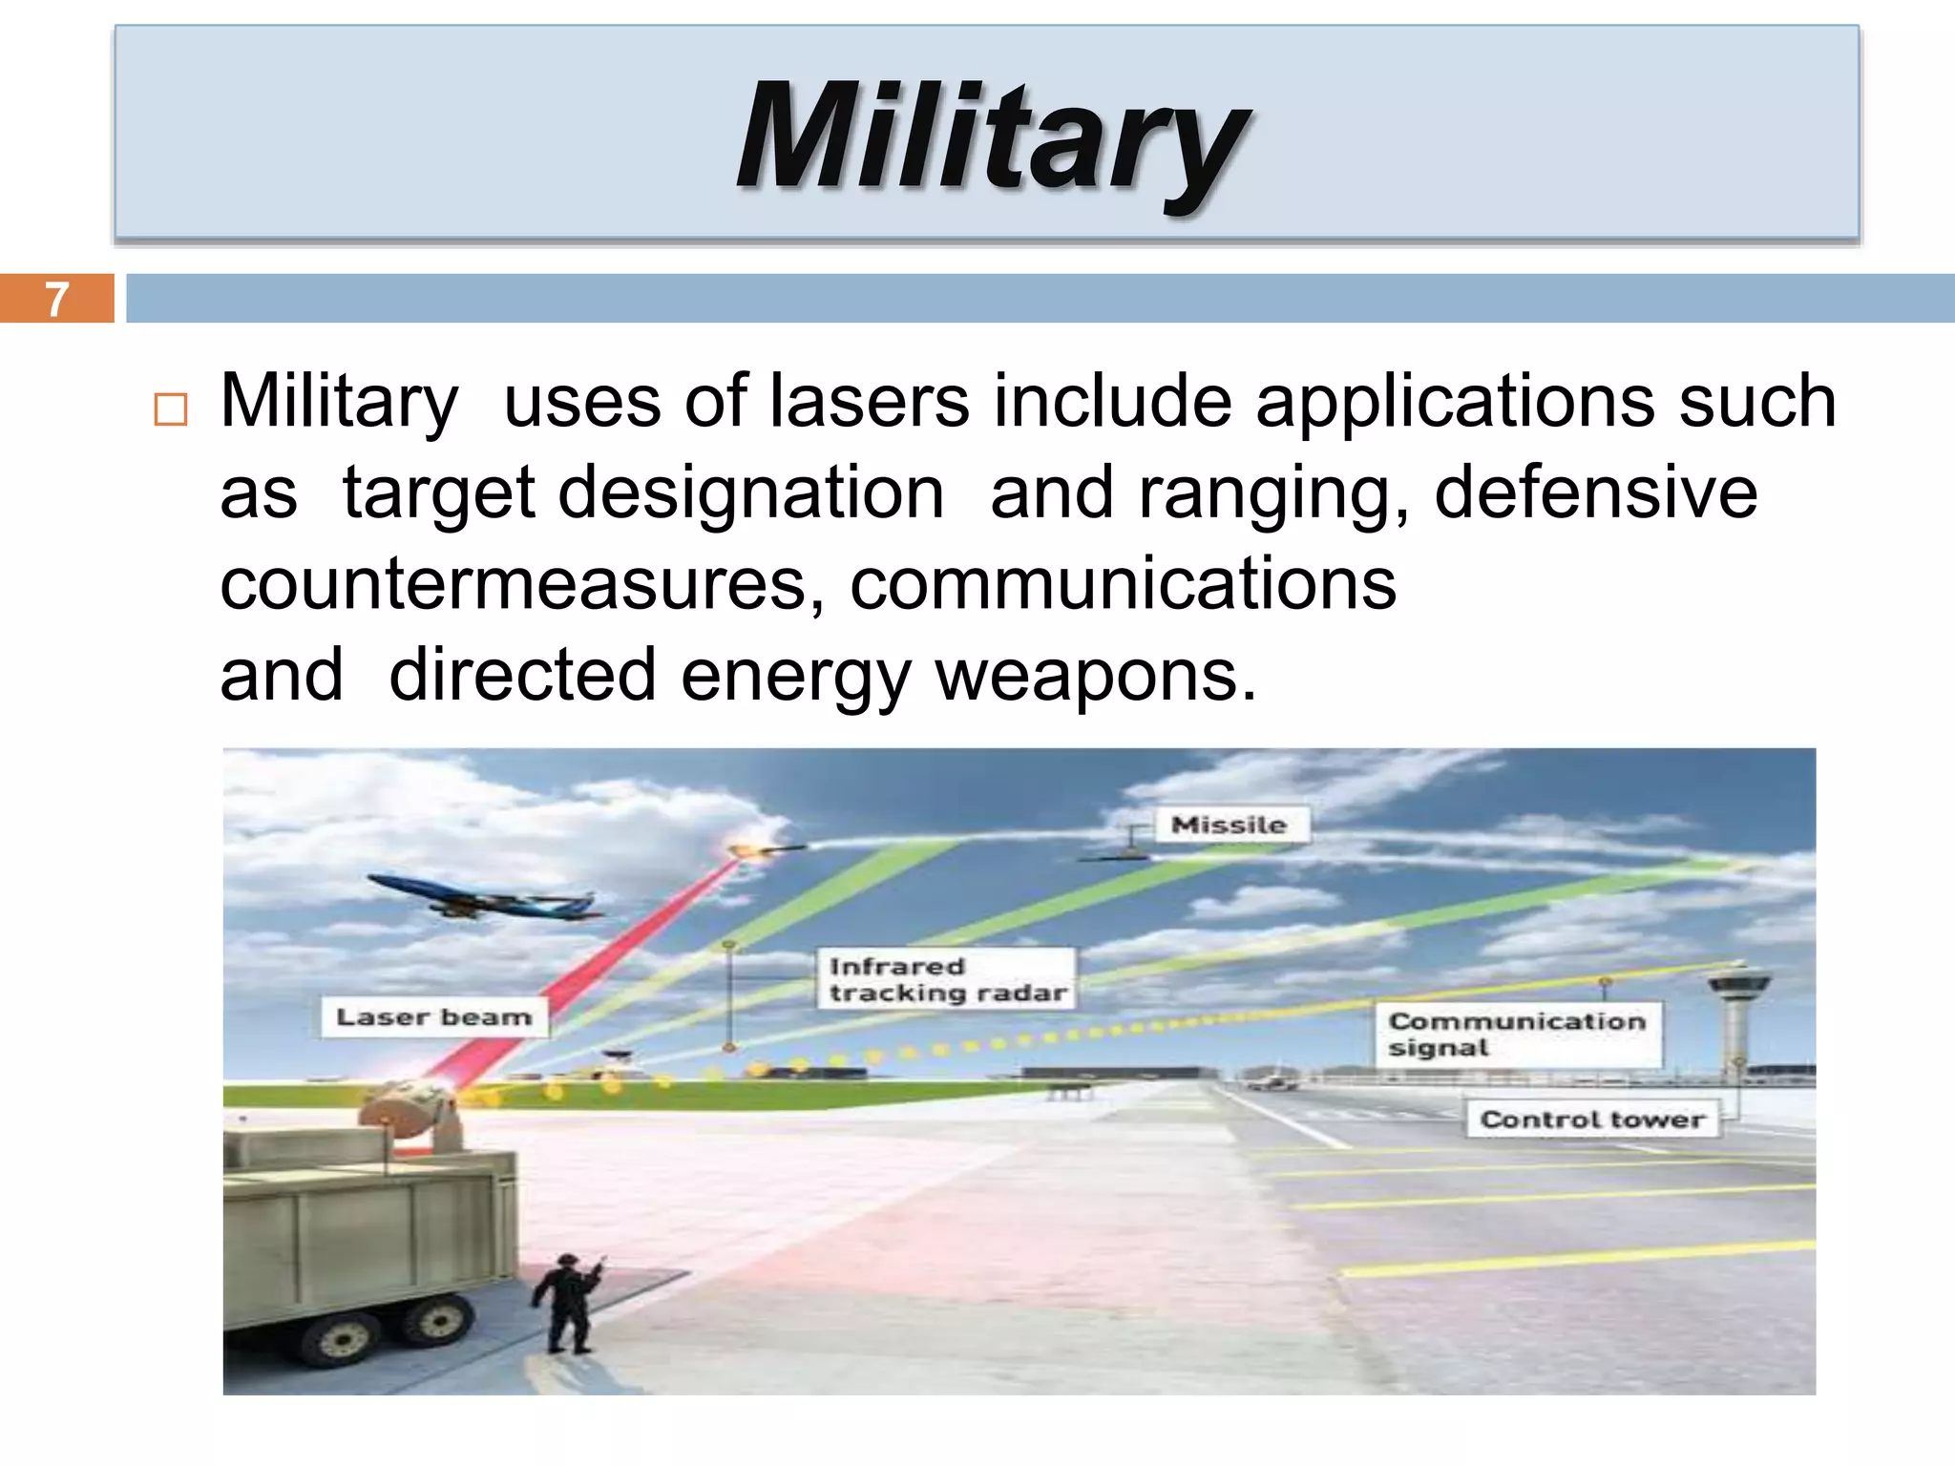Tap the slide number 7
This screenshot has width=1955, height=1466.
(x=57, y=299)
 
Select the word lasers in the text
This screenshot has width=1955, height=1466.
(x=869, y=401)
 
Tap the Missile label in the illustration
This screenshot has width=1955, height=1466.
(x=1230, y=825)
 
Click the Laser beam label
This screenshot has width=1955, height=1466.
(x=434, y=1017)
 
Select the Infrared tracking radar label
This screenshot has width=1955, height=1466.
(x=946, y=979)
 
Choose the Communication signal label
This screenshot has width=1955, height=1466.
(x=1517, y=1035)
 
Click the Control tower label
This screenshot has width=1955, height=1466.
(x=1591, y=1119)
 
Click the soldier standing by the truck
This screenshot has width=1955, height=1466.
(x=569, y=1303)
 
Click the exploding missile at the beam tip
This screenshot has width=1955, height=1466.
(x=753, y=849)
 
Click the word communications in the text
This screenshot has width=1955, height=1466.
(x=1123, y=584)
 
